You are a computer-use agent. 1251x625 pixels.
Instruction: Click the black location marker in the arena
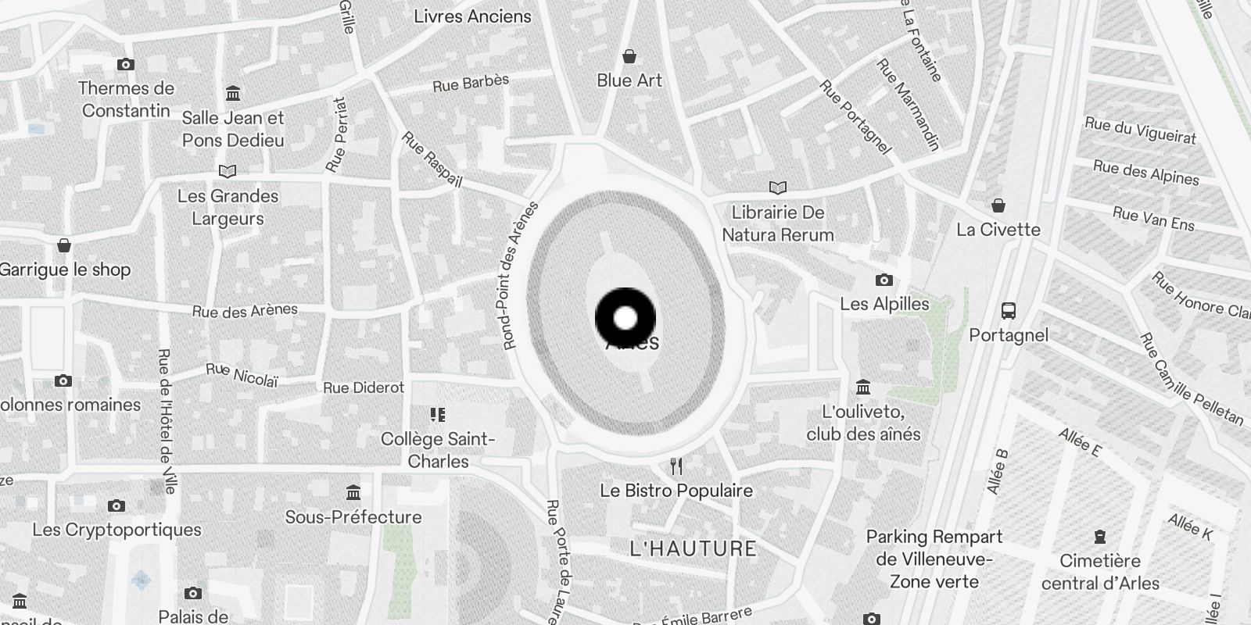coord(625,318)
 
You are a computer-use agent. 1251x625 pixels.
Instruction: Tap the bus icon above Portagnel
coord(1009,311)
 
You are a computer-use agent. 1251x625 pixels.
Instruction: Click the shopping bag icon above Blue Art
coord(629,56)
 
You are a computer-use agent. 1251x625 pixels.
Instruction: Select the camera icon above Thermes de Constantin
coord(125,65)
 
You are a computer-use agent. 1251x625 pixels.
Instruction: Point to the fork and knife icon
coord(676,467)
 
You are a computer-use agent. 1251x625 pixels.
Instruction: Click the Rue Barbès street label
coord(471,83)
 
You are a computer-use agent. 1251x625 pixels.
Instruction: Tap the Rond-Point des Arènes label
coord(521,275)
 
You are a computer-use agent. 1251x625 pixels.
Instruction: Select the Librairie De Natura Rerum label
coord(777,223)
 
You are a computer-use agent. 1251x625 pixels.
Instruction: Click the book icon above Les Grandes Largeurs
coord(228,171)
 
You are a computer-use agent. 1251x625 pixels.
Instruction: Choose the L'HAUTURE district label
coord(693,548)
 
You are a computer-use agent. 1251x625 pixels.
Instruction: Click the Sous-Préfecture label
coord(353,517)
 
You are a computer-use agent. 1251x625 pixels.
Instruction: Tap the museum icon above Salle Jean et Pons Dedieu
coord(232,94)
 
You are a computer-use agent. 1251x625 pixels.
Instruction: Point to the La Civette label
coord(998,230)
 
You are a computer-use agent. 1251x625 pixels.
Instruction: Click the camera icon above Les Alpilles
coord(884,280)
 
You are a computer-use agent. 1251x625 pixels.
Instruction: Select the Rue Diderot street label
coord(364,387)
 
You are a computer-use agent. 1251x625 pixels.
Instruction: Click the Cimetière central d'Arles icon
coord(1100,537)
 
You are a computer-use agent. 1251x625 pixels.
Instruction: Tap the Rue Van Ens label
coord(1153,219)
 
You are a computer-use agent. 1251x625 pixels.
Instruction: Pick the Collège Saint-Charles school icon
coord(438,415)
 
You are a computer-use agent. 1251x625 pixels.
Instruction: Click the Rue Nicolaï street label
coord(242,375)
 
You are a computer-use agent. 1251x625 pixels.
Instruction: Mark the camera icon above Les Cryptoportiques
coord(116,506)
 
